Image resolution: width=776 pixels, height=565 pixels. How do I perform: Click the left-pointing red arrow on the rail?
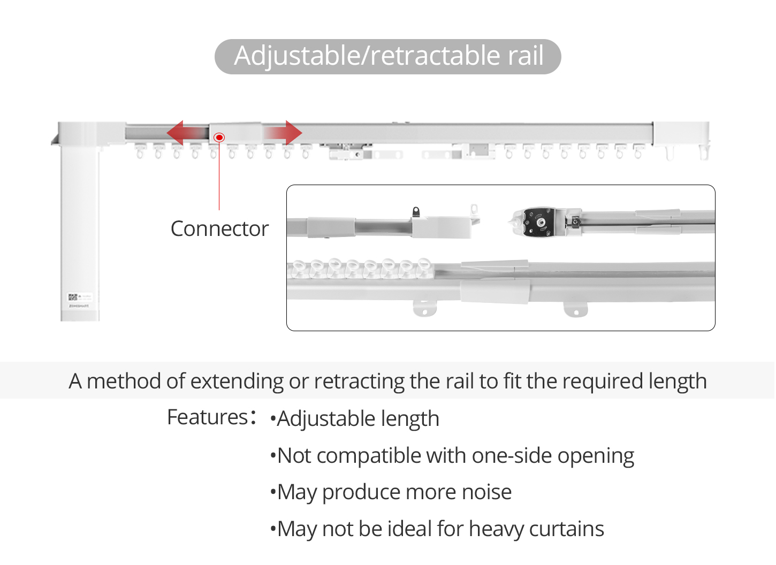[187, 133]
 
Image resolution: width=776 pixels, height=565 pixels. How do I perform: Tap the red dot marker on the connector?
[219, 138]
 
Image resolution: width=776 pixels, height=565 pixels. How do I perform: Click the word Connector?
[219, 229]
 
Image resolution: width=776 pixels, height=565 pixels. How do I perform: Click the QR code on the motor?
[73, 297]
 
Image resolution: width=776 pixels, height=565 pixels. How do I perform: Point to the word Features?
[207, 417]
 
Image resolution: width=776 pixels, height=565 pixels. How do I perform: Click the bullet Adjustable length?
[355, 418]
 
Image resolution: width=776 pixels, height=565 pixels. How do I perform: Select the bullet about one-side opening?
[452, 455]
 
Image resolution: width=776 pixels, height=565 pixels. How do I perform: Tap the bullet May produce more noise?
[391, 492]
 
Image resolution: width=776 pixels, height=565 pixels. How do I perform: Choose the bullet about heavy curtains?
[437, 529]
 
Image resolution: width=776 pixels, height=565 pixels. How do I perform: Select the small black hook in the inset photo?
[416, 211]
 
